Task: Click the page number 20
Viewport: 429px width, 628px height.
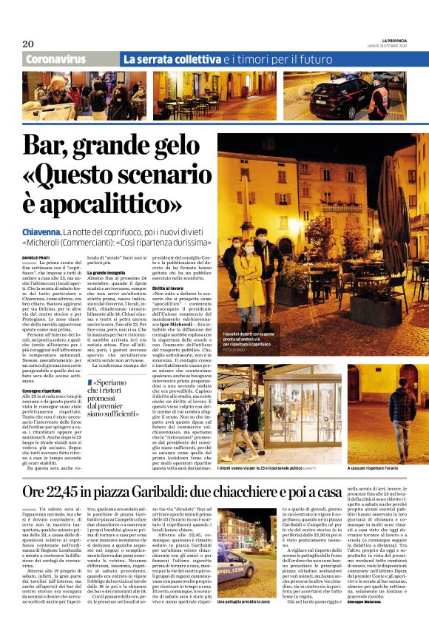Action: tap(27, 43)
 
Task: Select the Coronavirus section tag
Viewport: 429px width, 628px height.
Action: tap(58, 58)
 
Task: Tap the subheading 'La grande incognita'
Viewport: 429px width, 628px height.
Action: tap(109, 273)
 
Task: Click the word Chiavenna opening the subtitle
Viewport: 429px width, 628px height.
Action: tap(48, 232)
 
